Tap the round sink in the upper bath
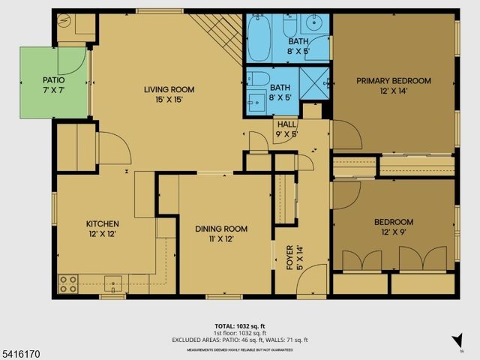[x=318, y=22]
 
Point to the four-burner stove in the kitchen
[x=67, y=283]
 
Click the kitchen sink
[x=113, y=283]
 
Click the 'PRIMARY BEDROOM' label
[x=394, y=81]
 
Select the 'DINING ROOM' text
[x=220, y=229]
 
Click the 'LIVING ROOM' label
[x=169, y=89]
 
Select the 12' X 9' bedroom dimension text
[x=394, y=232]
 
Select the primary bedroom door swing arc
[x=346, y=133]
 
